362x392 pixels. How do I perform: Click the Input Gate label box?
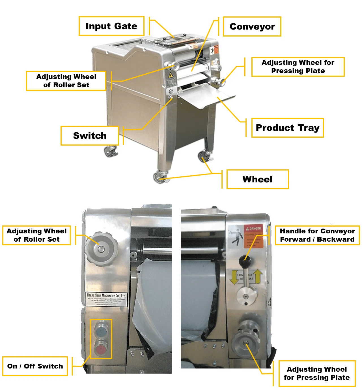pos(111,26)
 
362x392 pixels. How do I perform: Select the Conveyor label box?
pos(252,27)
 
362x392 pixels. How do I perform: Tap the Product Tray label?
pos(287,128)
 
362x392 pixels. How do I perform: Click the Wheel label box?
pos(257,179)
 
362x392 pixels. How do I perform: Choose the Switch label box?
pos(90,136)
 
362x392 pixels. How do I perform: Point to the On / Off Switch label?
pos(35,366)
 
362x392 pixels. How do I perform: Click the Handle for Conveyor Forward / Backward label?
pos(317,235)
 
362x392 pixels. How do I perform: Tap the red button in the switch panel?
pos(101,350)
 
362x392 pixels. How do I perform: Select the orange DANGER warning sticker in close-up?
pos(253,237)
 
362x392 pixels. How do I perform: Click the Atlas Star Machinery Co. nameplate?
pos(106,299)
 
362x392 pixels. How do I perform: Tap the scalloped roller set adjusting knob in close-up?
pos(101,249)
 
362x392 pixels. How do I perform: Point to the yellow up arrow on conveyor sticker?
pos(258,276)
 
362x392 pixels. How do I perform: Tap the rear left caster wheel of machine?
pos(110,151)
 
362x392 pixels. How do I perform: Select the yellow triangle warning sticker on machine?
pos(171,75)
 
